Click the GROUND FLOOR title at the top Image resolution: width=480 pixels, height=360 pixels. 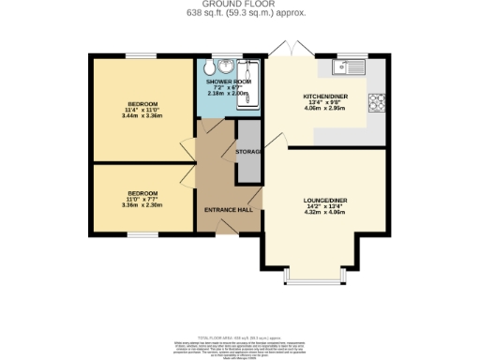point(239,5)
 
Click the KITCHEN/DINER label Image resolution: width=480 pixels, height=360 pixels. point(325,97)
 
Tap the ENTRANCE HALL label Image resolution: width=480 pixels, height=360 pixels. point(229,210)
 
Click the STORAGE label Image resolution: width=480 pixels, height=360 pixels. point(248,151)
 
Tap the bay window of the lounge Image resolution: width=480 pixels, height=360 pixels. point(299,279)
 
